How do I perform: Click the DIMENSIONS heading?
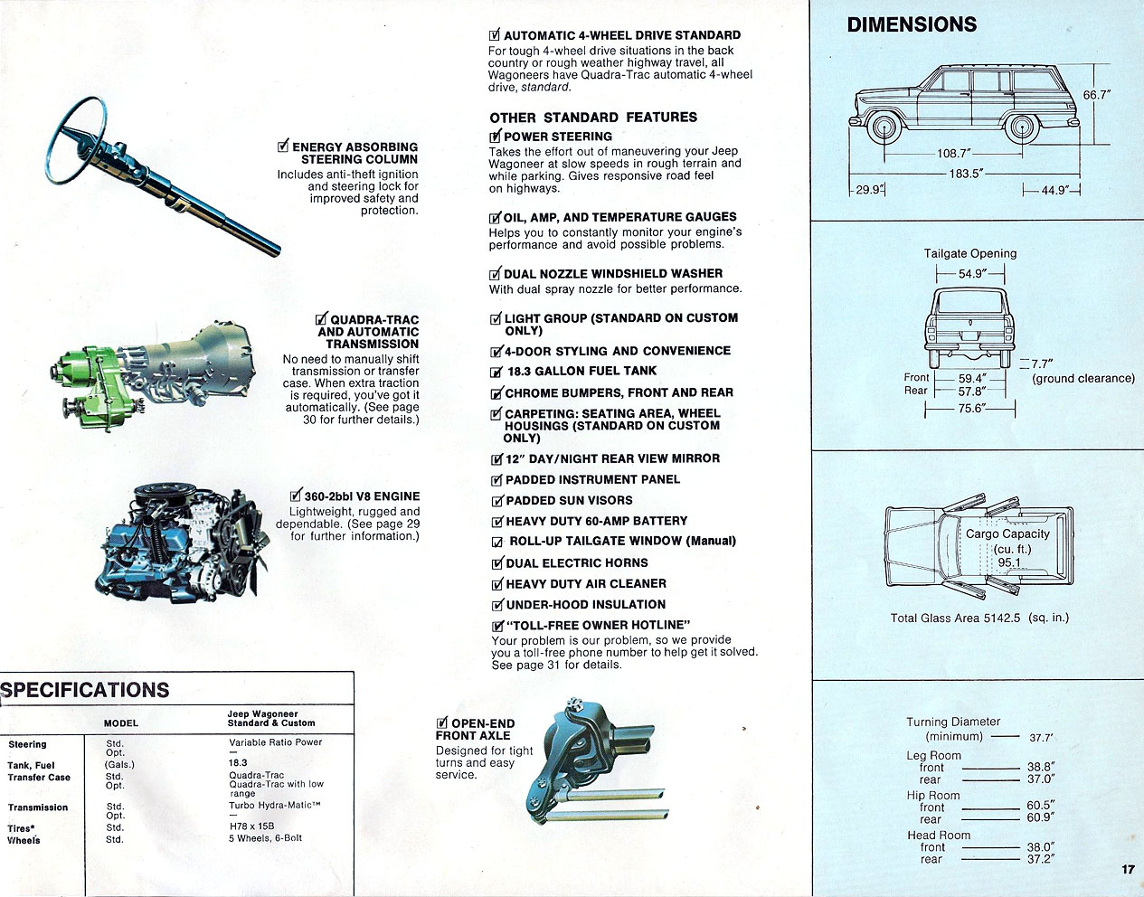pyautogui.click(x=912, y=25)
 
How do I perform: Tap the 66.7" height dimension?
pyautogui.click(x=1096, y=94)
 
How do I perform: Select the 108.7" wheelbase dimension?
pyautogui.click(x=953, y=154)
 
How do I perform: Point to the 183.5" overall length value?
pyautogui.click(x=966, y=174)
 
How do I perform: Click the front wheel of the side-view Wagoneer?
pyautogui.click(x=882, y=127)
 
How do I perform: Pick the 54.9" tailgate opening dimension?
pyautogui.click(x=972, y=273)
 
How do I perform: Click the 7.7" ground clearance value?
pyautogui.click(x=1043, y=364)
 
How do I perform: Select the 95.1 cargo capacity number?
pyautogui.click(x=1008, y=562)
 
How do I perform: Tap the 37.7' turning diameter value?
pyautogui.click(x=1041, y=737)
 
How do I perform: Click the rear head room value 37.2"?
pyautogui.click(x=1040, y=859)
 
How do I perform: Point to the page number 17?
pyautogui.click(x=1127, y=869)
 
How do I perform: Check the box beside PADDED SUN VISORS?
pyautogui.click(x=496, y=501)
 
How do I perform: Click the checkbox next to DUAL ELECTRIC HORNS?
pyautogui.click(x=496, y=563)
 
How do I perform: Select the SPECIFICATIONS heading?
pyautogui.click(x=85, y=690)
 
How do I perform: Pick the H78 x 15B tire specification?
pyautogui.click(x=251, y=826)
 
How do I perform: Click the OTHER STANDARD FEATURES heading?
pyautogui.click(x=593, y=118)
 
